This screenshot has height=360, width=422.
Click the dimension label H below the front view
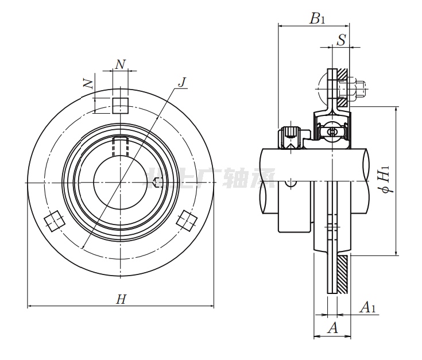point(121,299)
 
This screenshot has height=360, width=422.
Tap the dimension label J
point(182,82)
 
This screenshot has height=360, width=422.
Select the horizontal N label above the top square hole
point(119,64)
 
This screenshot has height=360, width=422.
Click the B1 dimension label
point(318,19)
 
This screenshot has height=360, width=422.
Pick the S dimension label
point(342,40)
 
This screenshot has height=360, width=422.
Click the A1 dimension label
point(367,308)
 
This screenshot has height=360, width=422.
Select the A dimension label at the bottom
point(332,328)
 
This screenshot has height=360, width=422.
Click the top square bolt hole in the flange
point(120,106)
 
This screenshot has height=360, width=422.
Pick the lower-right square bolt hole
point(187,221)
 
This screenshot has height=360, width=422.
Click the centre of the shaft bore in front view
point(120,183)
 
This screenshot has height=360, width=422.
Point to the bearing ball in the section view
point(332,132)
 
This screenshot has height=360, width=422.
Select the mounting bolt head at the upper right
point(359,89)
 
